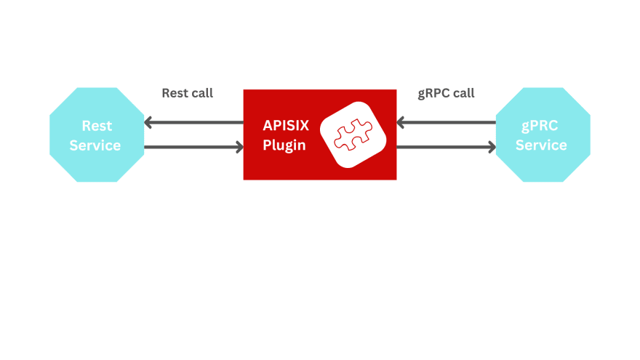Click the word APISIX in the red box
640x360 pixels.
[286, 125]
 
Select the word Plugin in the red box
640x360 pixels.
[284, 145]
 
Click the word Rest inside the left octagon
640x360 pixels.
[96, 126]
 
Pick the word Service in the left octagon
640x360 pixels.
[95, 145]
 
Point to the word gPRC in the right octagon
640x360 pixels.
[540, 125]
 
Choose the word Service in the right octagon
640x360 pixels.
[541, 145]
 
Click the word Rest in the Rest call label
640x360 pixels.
[174, 93]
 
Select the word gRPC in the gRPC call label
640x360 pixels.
[433, 93]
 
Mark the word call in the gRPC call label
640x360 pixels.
[463, 93]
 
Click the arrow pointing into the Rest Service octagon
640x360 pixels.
[193, 122]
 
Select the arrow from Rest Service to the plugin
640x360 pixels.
[193, 148]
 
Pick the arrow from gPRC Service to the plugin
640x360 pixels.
[446, 122]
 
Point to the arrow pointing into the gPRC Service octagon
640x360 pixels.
[446, 148]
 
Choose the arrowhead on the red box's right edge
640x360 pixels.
[402, 122]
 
